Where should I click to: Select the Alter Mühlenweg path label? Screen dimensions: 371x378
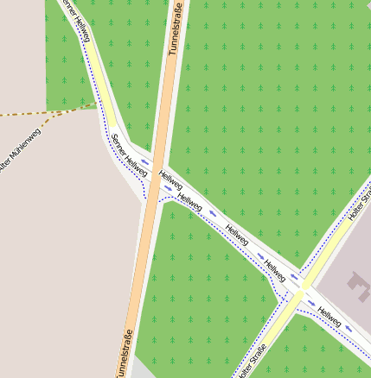click(19, 150)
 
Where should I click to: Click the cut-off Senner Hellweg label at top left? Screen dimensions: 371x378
click(75, 17)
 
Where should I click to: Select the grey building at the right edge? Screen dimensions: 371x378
click(355, 284)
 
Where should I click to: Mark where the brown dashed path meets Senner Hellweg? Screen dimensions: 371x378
click(96, 105)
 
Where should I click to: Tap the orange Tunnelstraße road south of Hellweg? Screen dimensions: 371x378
click(138, 276)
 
